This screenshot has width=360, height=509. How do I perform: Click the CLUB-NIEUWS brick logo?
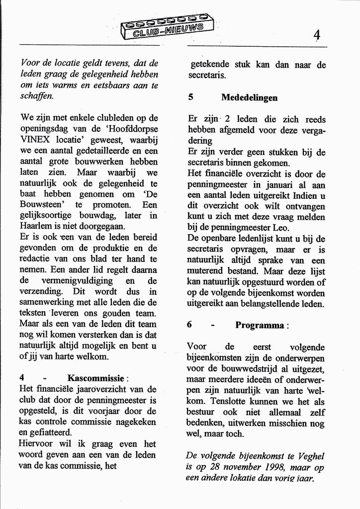167,28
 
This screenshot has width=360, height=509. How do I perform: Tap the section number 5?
191,98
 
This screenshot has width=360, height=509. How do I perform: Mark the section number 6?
190,325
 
